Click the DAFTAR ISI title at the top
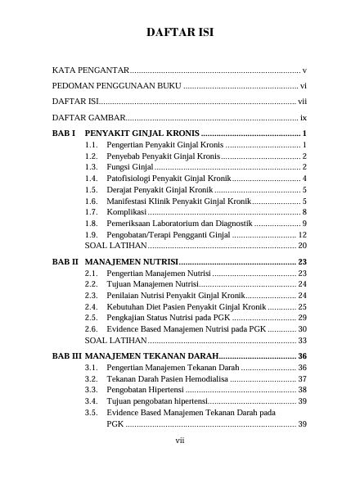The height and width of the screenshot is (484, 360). [x=180, y=33]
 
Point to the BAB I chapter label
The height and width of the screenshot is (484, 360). [x=64, y=133]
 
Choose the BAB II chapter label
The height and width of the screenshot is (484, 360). [x=65, y=261]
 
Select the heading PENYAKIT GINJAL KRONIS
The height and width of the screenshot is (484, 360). [x=142, y=133]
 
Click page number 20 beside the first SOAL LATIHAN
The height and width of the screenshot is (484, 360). [x=302, y=245]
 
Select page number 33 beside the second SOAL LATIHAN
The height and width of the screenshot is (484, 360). [x=302, y=340]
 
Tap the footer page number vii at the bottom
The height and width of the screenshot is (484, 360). [x=180, y=441]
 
